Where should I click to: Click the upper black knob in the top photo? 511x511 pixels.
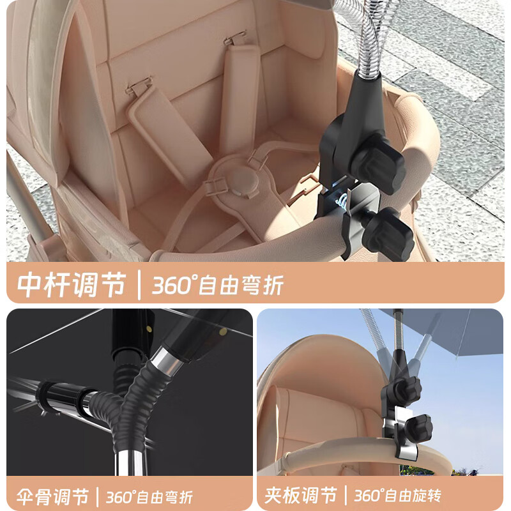click(x=381, y=166)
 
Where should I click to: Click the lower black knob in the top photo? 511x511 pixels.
click(x=391, y=234)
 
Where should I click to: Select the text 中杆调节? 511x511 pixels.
click(x=72, y=284)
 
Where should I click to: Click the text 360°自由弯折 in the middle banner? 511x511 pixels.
click(x=218, y=285)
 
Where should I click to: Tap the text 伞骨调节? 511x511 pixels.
click(x=52, y=497)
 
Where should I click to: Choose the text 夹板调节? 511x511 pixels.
click(x=300, y=496)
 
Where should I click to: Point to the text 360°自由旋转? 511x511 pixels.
click(x=397, y=496)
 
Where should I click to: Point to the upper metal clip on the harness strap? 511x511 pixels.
click(x=234, y=38)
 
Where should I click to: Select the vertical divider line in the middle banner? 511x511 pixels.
click(x=139, y=285)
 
